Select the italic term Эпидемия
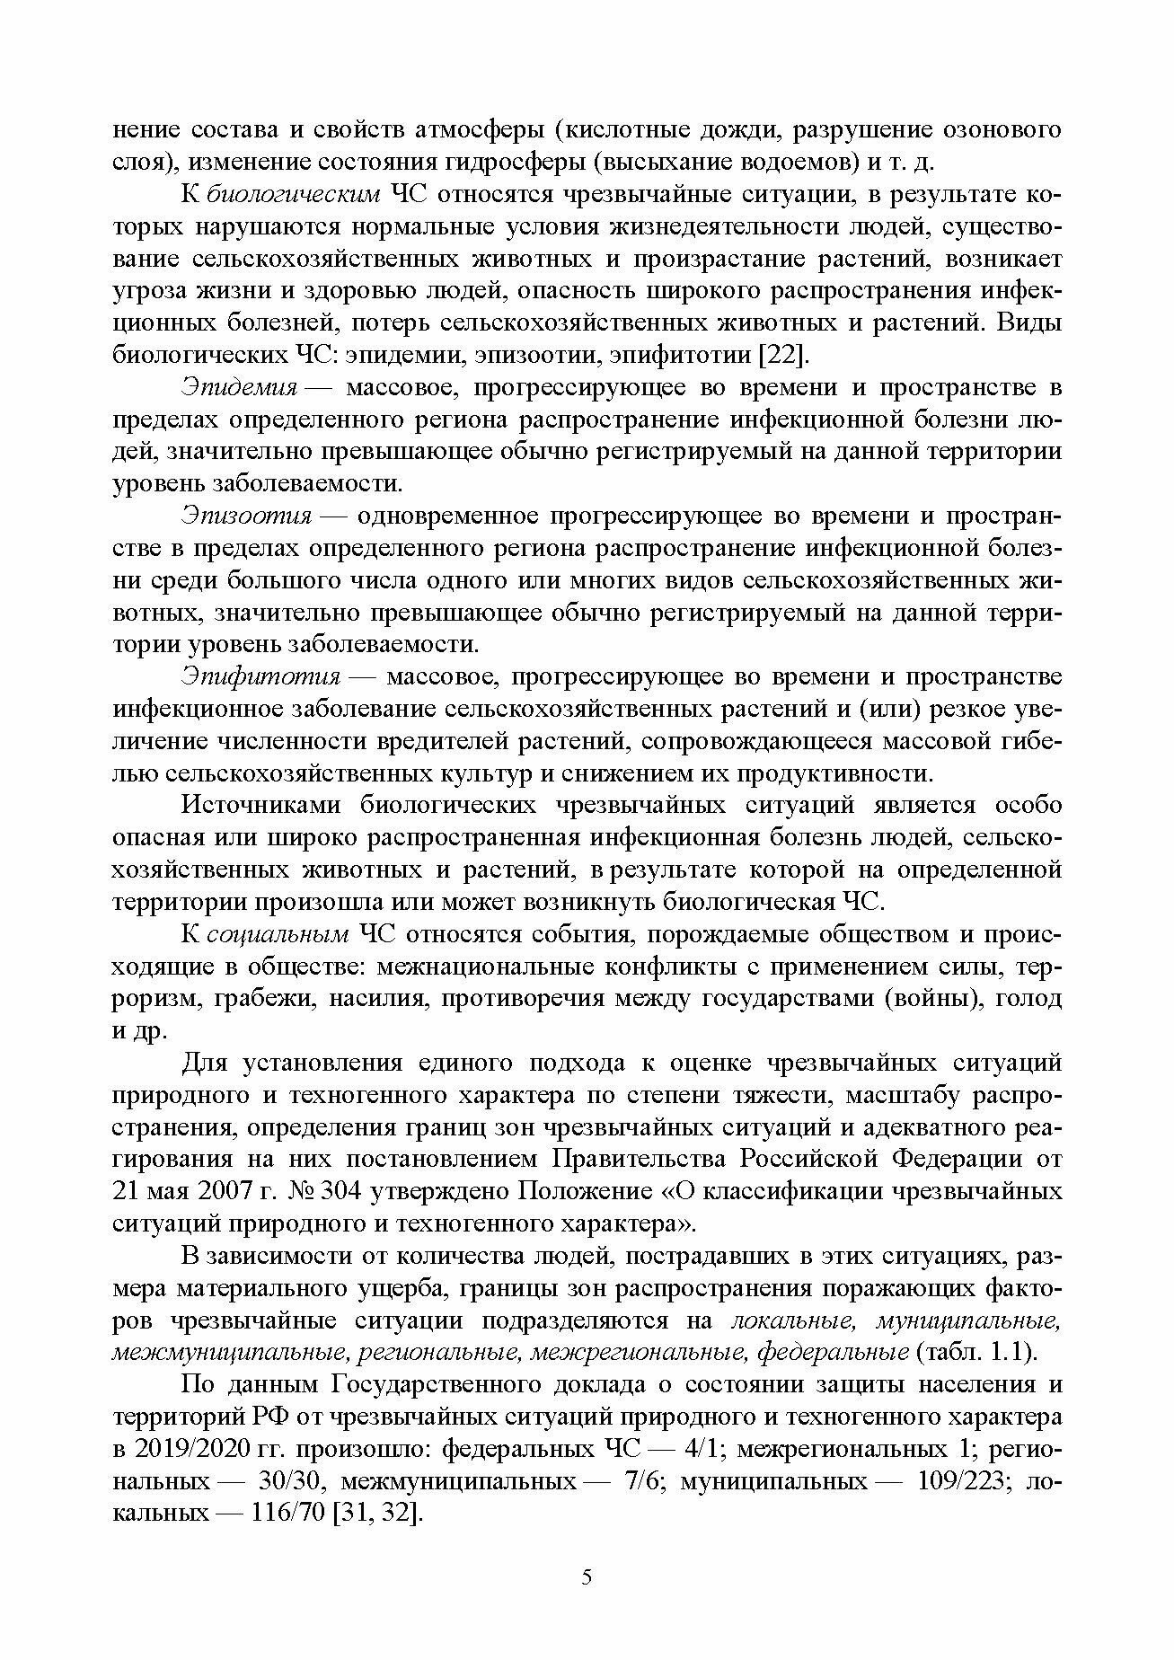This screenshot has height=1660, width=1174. click(x=239, y=388)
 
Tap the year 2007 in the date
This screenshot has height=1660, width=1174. click(x=216, y=1191)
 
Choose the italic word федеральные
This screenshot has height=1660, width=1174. click(x=832, y=1352)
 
